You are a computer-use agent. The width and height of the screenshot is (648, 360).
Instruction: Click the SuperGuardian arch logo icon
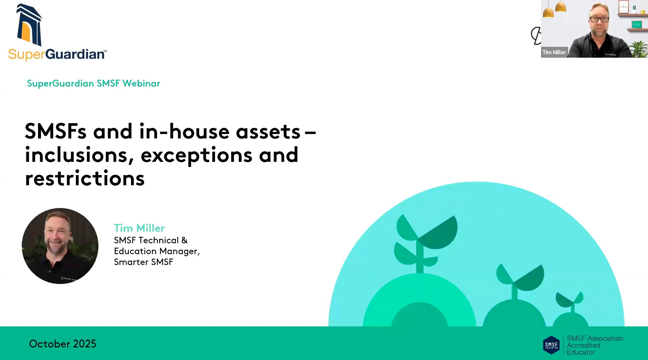29,25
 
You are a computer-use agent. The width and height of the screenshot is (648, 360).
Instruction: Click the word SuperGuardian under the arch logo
57,54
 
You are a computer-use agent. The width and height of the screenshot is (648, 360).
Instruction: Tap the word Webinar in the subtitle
141,83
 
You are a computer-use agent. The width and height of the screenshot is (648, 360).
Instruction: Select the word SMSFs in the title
56,131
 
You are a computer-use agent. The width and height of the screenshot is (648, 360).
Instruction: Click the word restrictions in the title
85,178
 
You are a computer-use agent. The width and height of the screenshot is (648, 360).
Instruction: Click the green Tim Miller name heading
139,228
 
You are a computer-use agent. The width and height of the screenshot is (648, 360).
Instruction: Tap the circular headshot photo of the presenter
60,246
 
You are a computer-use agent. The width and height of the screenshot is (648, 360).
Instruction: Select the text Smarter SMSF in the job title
144,262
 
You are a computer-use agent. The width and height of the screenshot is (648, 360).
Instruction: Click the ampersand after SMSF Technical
184,240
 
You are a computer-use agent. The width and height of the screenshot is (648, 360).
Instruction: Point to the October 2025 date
63,344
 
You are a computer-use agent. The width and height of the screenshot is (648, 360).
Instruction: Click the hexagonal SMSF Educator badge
551,345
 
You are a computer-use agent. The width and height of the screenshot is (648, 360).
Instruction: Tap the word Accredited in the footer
584,345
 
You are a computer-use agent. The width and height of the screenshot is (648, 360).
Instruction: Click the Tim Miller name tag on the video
554,52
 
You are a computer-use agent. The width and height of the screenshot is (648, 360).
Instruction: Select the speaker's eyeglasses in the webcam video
599,19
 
